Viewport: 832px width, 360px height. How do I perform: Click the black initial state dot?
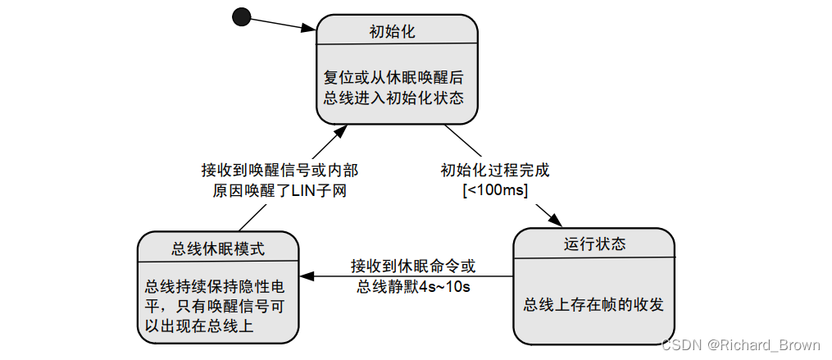tap(241, 16)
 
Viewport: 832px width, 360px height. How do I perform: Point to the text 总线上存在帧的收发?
tap(593, 304)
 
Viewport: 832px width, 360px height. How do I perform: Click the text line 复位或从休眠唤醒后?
tap(393, 78)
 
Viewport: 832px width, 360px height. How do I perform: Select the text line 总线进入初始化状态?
tap(393, 98)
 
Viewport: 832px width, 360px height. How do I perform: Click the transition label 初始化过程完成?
tap(494, 171)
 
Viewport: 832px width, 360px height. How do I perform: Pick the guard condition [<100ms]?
tap(494, 190)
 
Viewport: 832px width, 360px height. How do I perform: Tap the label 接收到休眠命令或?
tap(412, 266)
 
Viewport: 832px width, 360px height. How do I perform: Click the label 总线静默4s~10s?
tap(412, 285)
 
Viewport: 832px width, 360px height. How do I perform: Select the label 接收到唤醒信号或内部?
tap(280, 171)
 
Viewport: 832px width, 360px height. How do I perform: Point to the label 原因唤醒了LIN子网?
tap(280, 190)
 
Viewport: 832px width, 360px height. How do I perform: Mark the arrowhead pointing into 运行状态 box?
tap(553, 220)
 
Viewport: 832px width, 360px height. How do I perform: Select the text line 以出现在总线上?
tap(198, 326)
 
